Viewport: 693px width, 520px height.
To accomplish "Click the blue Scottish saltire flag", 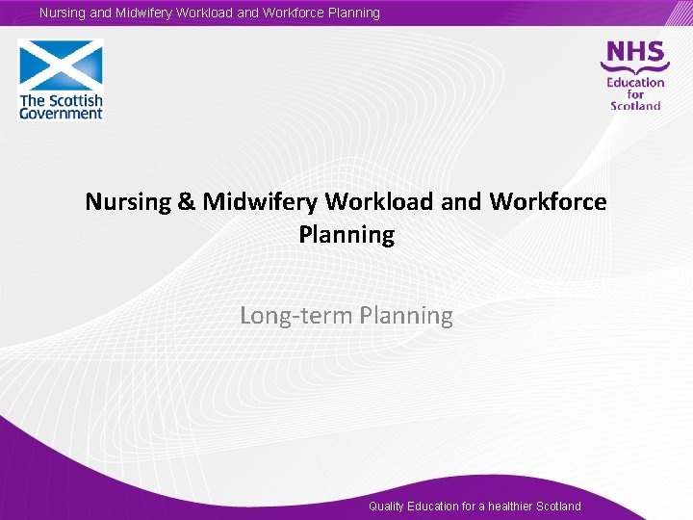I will pos(61,65).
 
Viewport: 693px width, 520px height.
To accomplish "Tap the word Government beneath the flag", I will pos(61,114).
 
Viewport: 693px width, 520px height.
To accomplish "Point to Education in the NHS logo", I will pos(635,82).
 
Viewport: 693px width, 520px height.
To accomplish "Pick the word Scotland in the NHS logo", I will pos(635,106).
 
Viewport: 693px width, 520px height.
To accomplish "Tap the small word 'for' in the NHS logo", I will pos(635,94).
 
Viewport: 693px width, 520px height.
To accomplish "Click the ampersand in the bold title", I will pos(187,202).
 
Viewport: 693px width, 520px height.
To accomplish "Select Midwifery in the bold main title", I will pos(261,202).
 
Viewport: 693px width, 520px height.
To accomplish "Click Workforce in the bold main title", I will pos(548,202).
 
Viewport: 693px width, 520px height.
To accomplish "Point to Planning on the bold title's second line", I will pos(346,235).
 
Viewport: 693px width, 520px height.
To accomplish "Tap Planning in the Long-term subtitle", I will pos(406,316).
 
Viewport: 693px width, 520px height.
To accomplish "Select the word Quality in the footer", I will pos(386,507).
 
